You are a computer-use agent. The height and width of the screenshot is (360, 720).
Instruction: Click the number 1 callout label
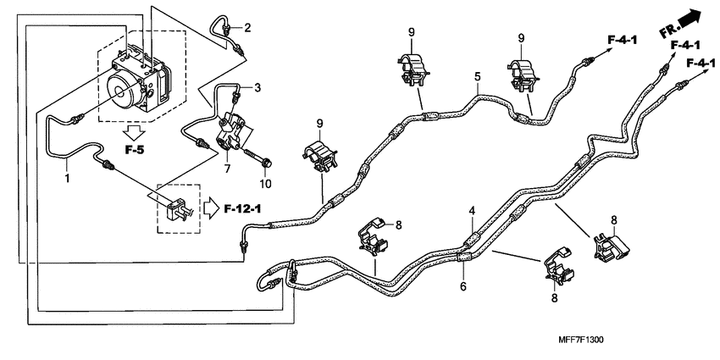pos(65,179)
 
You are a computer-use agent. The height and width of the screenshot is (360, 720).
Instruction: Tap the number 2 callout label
pos(247,28)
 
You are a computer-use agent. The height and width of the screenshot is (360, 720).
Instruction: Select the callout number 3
pos(258,88)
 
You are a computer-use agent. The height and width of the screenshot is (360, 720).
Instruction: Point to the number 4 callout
pos(473,210)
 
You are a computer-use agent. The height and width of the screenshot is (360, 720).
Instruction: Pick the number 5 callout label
pos(478,77)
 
